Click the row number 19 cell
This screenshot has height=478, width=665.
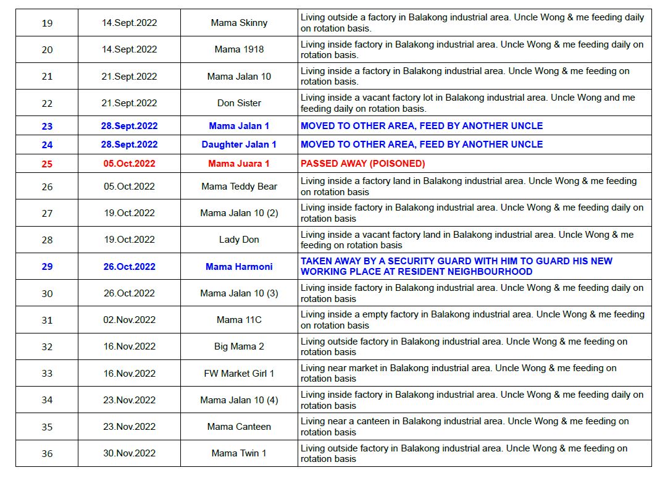[x=47, y=23]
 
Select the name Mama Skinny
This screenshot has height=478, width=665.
[x=239, y=23]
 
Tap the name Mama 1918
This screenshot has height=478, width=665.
[x=239, y=49]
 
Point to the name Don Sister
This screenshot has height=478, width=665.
[x=239, y=103]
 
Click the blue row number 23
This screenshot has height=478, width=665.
[x=47, y=126]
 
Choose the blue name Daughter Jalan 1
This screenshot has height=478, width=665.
[x=239, y=145]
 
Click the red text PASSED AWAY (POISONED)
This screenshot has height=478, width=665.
[x=362, y=164]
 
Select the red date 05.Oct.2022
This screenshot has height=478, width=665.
[x=129, y=164]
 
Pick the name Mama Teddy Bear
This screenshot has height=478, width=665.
[x=239, y=187]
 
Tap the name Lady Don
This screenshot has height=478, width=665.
[x=239, y=240]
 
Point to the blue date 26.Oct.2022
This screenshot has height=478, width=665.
[x=129, y=267]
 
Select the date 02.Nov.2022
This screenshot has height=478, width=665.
[x=129, y=320]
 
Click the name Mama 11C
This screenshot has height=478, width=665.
[x=239, y=320]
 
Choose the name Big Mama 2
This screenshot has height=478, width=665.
[x=239, y=346]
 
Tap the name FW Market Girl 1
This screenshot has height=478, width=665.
[x=239, y=374]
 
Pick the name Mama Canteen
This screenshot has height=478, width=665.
[x=239, y=427]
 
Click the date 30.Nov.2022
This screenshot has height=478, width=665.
[x=129, y=453]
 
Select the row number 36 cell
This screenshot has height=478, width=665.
[x=47, y=453]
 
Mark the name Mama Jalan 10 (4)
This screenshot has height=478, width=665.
[x=239, y=400]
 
